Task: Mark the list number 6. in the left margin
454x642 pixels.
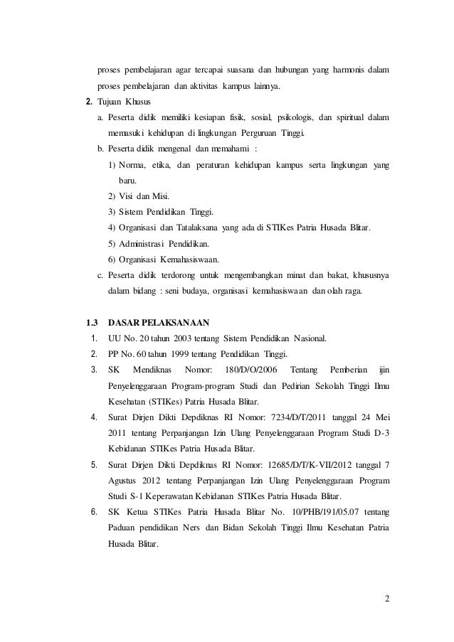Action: coord(94,513)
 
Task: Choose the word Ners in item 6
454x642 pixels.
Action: coord(205,528)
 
